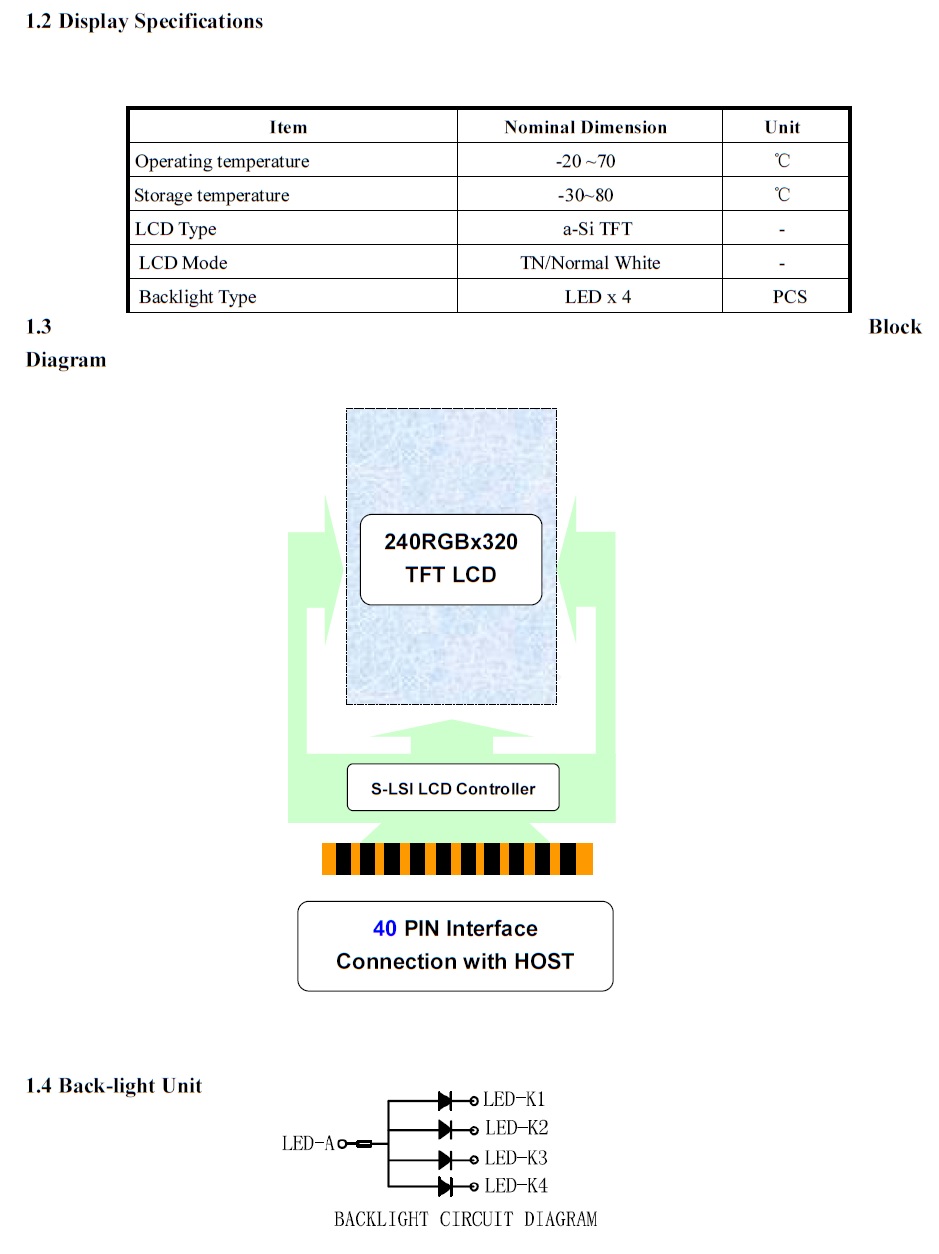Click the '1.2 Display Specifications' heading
point(144,22)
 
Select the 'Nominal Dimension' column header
point(585,127)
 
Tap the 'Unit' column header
point(781,127)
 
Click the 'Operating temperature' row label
point(222,162)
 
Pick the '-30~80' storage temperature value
point(585,195)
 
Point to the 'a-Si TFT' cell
point(597,229)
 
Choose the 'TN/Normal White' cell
point(589,263)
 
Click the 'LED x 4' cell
point(597,297)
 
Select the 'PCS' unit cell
point(789,297)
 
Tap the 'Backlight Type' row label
point(198,297)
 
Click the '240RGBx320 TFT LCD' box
point(450,559)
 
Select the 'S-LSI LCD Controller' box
point(452,786)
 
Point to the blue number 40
point(384,928)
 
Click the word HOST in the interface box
point(543,961)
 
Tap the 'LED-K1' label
point(513,1099)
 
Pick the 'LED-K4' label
point(516,1185)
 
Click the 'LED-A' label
point(307,1143)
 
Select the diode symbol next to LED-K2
point(444,1129)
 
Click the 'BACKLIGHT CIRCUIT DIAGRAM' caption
point(465,1219)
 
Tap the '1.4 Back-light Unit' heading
point(114,1085)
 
